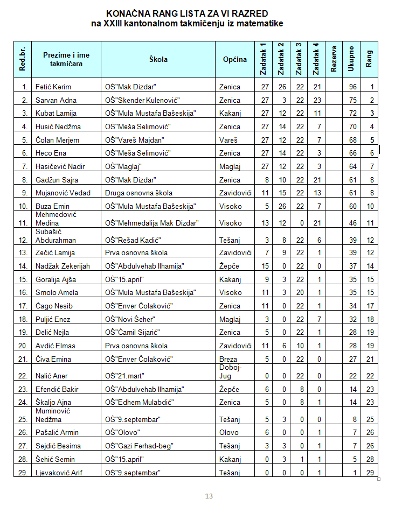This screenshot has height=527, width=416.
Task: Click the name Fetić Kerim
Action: (53, 87)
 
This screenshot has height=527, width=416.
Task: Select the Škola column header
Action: (158, 59)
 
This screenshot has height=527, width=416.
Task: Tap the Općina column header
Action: (235, 59)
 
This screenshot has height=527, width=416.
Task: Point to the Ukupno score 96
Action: (353, 87)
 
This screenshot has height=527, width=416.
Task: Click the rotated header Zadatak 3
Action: (299, 59)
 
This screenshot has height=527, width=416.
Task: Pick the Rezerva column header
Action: (334, 59)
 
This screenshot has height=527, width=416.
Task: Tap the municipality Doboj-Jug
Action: (230, 371)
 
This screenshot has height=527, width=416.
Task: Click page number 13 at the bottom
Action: (209, 496)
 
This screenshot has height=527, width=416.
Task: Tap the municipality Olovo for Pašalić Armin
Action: (229, 433)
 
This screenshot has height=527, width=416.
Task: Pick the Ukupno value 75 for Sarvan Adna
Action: (353, 100)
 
